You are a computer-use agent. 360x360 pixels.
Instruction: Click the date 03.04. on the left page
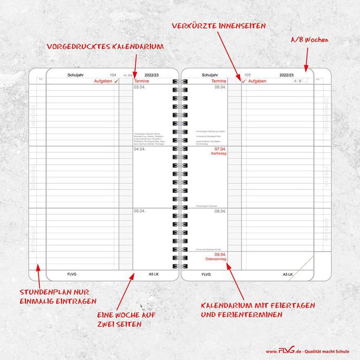coord(139,87)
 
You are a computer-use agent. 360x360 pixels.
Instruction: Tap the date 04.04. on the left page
coord(139,149)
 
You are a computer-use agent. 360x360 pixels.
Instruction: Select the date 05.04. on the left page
coord(139,211)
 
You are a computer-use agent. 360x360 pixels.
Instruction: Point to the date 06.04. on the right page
coord(220,87)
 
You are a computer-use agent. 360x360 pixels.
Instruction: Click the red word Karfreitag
coord(219,153)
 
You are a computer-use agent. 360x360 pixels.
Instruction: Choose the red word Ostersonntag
coord(215,259)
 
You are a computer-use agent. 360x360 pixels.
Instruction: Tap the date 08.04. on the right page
coord(220,211)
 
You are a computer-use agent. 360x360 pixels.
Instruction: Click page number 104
coord(113,75)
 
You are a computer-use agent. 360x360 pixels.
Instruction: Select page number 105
coord(247,75)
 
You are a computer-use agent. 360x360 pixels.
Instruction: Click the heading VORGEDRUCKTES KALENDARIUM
coord(105,46)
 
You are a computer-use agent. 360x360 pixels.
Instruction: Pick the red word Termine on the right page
coord(219,81)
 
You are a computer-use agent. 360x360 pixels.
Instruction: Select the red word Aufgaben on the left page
coord(102,81)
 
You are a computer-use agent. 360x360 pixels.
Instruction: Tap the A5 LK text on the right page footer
coord(287,275)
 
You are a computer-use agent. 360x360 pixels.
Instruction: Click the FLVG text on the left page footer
coord(72,275)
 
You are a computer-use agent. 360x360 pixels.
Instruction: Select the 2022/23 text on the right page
coord(287,75)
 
